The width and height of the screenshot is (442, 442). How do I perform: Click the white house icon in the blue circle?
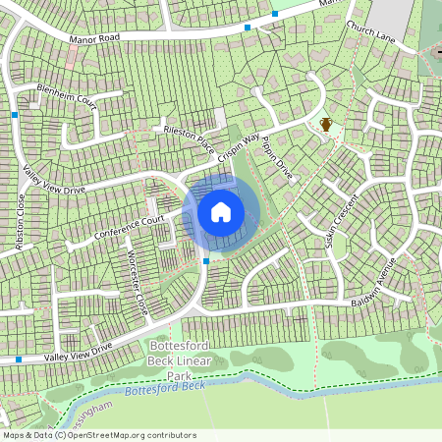tap(221, 212)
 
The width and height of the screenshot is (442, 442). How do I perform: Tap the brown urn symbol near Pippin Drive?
tap(325, 124)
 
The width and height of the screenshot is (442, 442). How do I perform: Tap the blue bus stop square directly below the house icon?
tap(205, 261)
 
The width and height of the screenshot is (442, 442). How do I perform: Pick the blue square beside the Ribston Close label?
tap(16, 115)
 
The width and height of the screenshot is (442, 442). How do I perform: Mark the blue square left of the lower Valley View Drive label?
tap(18, 360)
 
